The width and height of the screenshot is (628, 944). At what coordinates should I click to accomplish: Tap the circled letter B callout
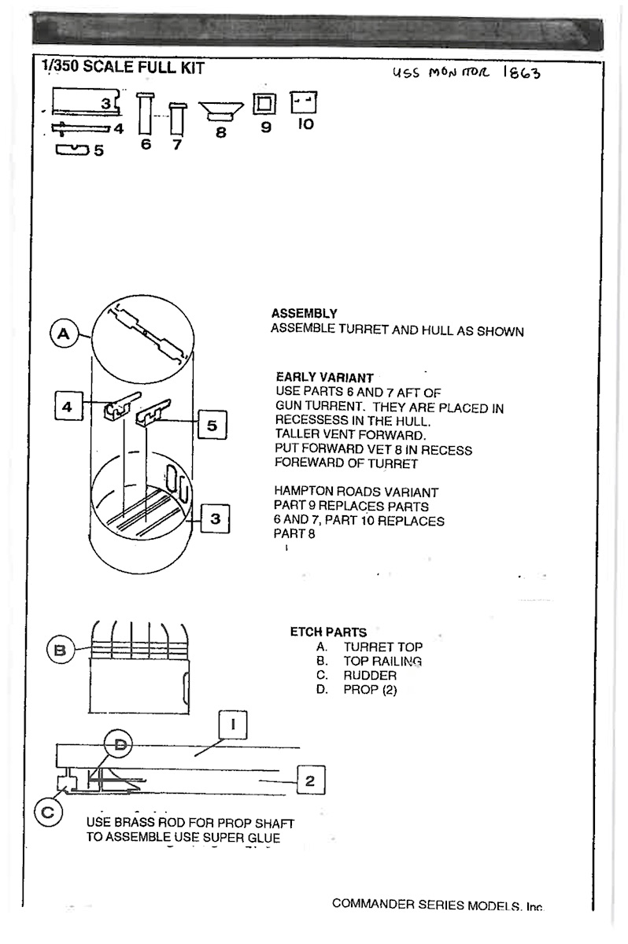point(58,651)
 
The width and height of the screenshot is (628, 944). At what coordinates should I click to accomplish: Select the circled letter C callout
point(47,813)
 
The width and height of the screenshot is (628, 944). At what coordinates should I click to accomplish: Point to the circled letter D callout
point(120,743)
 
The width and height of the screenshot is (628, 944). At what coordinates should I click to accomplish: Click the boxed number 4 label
point(68,407)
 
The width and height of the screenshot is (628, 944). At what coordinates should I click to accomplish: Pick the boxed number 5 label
point(212,426)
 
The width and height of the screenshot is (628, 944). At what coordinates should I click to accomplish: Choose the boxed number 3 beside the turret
point(215,519)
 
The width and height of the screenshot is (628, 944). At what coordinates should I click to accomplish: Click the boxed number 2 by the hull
point(309,780)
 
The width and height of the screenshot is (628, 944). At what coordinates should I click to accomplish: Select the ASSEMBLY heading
point(304,313)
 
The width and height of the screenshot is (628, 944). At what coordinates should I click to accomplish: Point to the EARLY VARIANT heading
point(325,378)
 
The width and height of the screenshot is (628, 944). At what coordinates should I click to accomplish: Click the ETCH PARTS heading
point(328,632)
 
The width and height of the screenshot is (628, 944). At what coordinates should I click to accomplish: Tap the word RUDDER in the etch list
point(370,676)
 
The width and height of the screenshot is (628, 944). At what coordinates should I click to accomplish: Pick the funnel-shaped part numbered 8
point(220,111)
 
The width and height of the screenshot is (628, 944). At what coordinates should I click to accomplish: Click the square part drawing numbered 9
point(264,103)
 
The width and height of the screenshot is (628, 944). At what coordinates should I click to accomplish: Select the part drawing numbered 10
point(304,102)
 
